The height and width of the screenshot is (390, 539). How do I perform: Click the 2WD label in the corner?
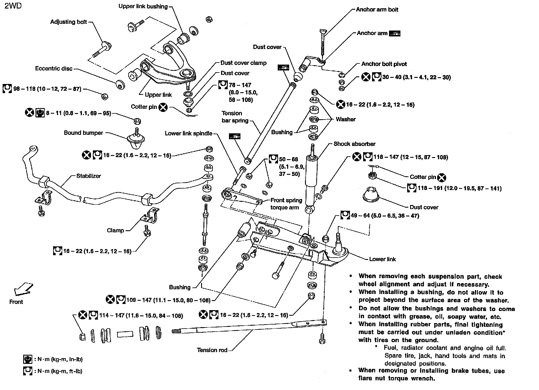click(13, 6)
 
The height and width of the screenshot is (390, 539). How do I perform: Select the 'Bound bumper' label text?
click(83, 133)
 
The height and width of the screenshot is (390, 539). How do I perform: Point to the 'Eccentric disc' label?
click(54, 68)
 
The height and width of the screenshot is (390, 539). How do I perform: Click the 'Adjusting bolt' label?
click(68, 22)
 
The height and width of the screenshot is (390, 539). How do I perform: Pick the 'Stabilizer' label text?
click(88, 176)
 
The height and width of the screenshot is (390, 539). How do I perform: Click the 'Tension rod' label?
click(212, 350)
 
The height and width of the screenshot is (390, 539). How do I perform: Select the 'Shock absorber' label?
click(354, 144)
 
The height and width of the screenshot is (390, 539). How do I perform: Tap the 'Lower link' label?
click(382, 259)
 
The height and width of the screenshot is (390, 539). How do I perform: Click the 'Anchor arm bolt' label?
click(377, 9)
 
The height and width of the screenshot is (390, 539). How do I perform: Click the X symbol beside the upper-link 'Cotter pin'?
click(163, 107)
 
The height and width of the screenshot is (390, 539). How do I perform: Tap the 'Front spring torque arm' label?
click(286, 204)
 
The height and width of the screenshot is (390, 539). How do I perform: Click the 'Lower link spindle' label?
click(188, 133)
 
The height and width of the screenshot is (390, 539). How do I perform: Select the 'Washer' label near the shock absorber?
click(346, 119)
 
